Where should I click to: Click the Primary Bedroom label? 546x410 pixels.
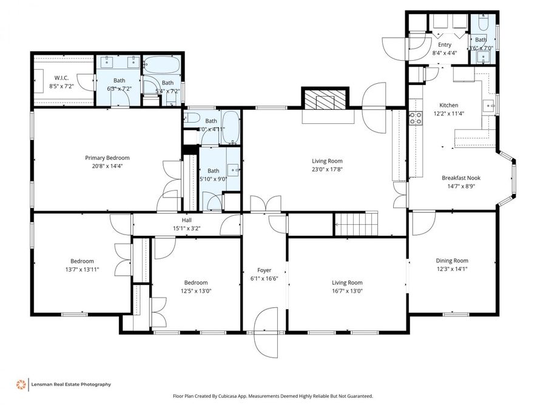(107, 157)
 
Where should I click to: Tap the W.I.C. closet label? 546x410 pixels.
(61, 78)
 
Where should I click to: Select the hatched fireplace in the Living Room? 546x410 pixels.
(325, 100)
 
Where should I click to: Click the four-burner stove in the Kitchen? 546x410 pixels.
(416, 118)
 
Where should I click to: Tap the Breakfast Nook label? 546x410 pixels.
(461, 177)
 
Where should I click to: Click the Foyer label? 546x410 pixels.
(264, 270)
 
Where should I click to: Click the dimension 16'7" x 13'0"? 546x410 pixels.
(346, 290)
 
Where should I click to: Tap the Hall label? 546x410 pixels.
(187, 220)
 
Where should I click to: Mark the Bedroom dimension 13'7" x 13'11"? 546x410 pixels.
(82, 269)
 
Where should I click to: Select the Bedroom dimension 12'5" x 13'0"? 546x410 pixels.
(196, 290)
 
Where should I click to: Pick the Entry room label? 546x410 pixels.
(444, 45)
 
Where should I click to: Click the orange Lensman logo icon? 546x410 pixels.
(21, 384)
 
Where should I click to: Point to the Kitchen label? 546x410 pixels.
(449, 105)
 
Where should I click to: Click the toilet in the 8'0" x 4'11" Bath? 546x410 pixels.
(190, 118)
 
